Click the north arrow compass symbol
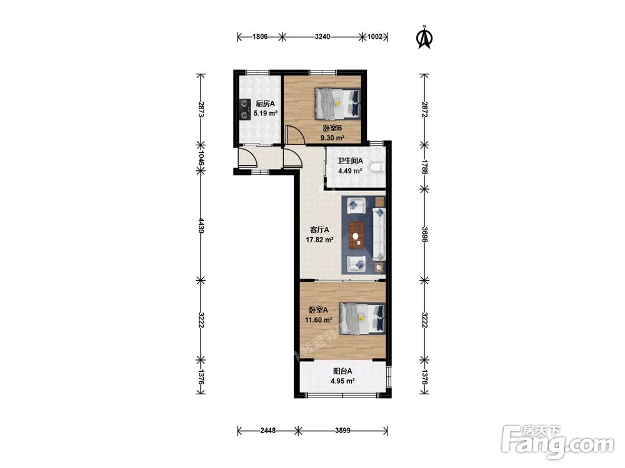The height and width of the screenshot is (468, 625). [424, 37]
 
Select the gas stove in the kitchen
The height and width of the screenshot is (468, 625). [244, 109]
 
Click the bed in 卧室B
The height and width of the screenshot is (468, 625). [337, 104]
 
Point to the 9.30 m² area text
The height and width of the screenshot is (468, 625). [332, 138]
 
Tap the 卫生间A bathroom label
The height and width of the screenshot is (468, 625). [350, 161]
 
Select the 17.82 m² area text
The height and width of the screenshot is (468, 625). [319, 240]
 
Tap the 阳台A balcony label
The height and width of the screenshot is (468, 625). [342, 371]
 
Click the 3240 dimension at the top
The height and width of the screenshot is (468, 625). [322, 37]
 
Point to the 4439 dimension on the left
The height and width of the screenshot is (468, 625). [201, 225]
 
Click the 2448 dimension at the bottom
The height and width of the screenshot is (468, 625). [267, 430]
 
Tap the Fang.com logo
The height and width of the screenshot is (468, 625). [557, 442]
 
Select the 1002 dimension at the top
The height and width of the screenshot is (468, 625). [374, 37]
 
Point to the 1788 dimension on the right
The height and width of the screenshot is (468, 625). [424, 167]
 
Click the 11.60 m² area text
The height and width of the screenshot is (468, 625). [319, 319]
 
